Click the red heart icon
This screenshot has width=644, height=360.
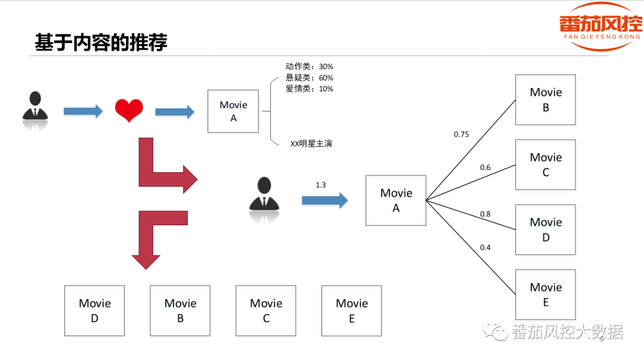129,111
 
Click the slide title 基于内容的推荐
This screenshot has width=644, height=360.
101,42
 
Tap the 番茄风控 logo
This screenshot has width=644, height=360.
600,27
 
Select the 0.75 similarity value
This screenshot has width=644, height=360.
462,135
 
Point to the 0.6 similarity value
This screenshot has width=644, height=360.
485,167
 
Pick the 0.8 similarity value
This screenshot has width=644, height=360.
485,215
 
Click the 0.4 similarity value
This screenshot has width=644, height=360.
485,247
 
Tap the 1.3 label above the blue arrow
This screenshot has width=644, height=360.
321,185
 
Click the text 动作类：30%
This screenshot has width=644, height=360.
309,67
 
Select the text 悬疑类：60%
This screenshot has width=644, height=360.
309,78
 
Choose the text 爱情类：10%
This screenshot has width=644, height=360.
309,89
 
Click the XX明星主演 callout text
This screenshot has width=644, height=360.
311,144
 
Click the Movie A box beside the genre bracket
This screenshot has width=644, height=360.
233,111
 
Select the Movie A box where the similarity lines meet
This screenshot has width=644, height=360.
396,200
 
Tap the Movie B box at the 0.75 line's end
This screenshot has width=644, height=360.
546,100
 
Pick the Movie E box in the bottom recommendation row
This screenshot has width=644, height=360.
351,311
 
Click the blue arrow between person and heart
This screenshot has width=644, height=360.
83,111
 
